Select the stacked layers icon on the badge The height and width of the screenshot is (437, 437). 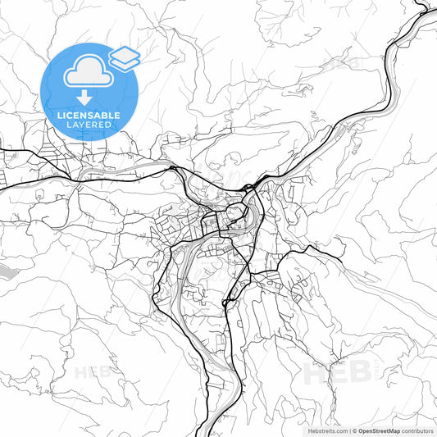[124, 57]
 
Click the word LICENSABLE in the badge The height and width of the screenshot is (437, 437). [89, 115]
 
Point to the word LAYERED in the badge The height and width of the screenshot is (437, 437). [89, 125]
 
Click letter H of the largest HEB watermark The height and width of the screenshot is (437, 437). [316, 374]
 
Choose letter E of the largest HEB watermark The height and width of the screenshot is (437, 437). [337, 374]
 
